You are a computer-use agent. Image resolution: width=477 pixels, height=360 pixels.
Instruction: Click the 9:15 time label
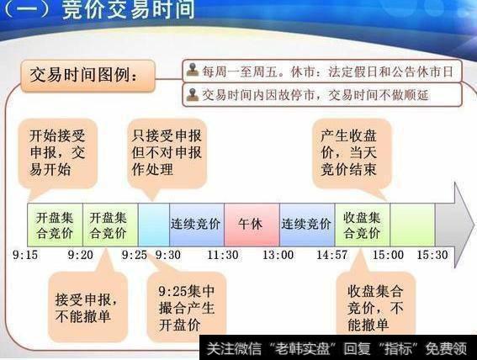pos(26,254)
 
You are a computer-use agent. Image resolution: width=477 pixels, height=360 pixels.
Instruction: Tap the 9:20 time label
pos(82,254)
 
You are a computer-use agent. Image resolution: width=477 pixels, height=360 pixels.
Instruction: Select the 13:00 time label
pos(277,254)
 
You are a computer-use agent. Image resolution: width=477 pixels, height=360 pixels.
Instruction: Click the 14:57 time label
pos(331,254)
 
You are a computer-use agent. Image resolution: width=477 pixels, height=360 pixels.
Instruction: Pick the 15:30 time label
pos(432,254)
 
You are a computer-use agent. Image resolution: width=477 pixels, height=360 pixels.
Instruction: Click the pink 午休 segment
pos(251,225)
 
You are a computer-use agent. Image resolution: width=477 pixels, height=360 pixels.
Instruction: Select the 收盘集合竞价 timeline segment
pos(363,225)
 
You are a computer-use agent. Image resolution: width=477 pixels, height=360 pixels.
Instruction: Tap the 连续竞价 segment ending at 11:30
pos(196,225)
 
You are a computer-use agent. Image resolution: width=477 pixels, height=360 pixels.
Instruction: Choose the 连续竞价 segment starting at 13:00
pos(306,225)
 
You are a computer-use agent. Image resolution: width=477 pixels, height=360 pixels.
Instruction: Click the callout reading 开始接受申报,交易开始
pos(63,152)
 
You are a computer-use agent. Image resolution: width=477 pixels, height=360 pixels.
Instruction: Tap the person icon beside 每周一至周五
pos(193,71)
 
